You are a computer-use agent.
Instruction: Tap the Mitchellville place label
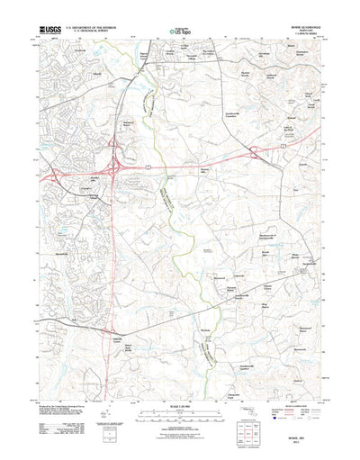[x=58, y=231]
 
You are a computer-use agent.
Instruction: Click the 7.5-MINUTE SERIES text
[x=310, y=34]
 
